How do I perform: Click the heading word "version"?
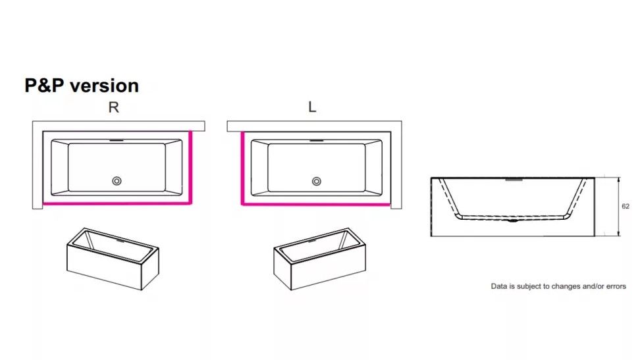pyautogui.click(x=104, y=86)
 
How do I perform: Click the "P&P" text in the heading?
pyautogui.click(x=44, y=86)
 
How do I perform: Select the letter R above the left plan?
pyautogui.click(x=113, y=107)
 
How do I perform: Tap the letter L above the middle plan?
pyautogui.click(x=312, y=107)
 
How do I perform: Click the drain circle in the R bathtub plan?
pyautogui.click(x=117, y=181)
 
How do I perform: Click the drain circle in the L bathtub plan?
pyautogui.click(x=317, y=182)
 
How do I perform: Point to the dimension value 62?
pyautogui.click(x=625, y=206)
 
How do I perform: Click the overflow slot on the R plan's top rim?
pyautogui.click(x=117, y=141)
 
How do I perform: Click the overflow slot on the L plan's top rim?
pyautogui.click(x=317, y=141)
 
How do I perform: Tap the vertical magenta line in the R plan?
pyautogui.click(x=190, y=167)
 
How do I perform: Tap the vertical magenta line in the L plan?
pyautogui.click(x=242, y=168)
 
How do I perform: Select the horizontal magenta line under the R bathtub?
pyautogui.click(x=117, y=203)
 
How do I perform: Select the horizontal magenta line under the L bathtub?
pyautogui.click(x=316, y=204)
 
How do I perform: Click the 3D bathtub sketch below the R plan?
pyautogui.click(x=113, y=259)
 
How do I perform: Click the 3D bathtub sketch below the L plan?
pyautogui.click(x=320, y=259)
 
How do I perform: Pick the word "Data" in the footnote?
pyautogui.click(x=499, y=286)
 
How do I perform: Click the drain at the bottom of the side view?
pyautogui.click(x=513, y=221)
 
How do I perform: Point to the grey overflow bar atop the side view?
pyautogui.click(x=514, y=179)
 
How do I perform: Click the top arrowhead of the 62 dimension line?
pyautogui.click(x=619, y=180)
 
